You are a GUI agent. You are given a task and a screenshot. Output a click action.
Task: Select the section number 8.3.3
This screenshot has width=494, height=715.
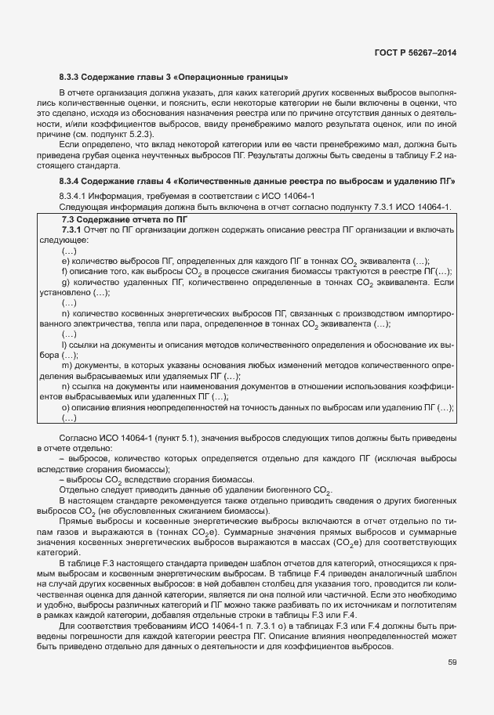coord(70,77)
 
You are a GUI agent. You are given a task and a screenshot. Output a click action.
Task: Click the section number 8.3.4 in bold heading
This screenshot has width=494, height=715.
coord(70,181)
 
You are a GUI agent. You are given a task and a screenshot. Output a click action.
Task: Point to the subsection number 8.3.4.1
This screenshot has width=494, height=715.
coord(75,194)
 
